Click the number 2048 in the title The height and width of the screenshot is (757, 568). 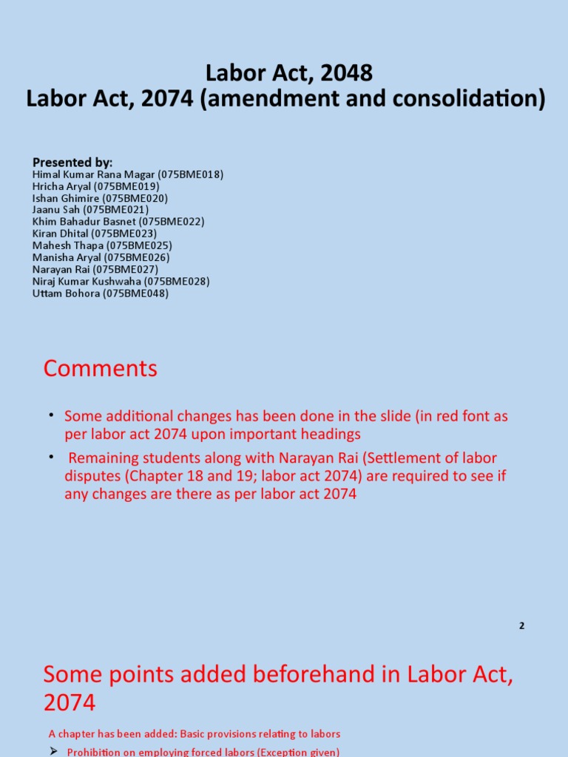click(x=347, y=73)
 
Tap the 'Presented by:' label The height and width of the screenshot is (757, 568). click(x=72, y=162)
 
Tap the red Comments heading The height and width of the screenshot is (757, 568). click(x=101, y=368)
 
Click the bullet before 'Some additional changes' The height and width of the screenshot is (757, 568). click(x=53, y=415)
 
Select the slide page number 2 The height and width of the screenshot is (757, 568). click(x=521, y=625)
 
